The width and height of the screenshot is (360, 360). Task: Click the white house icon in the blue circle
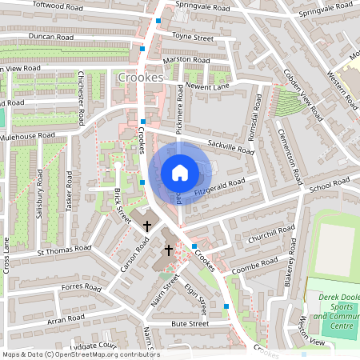pos(179,172)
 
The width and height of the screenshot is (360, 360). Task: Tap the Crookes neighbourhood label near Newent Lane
pos(139,78)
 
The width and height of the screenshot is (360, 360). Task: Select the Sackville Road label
pos(230,146)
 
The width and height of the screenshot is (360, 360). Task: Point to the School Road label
pos(330,186)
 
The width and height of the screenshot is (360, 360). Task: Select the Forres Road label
pos(80,287)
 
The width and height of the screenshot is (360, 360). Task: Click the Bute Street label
pos(190,323)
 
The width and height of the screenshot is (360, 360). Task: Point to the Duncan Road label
pos(50,37)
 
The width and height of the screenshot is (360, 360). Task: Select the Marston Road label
pos(186,60)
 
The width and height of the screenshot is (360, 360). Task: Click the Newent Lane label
pos(207,85)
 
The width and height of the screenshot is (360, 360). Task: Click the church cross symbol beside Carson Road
pos(147,226)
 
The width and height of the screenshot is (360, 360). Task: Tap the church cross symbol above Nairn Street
pos(168,250)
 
